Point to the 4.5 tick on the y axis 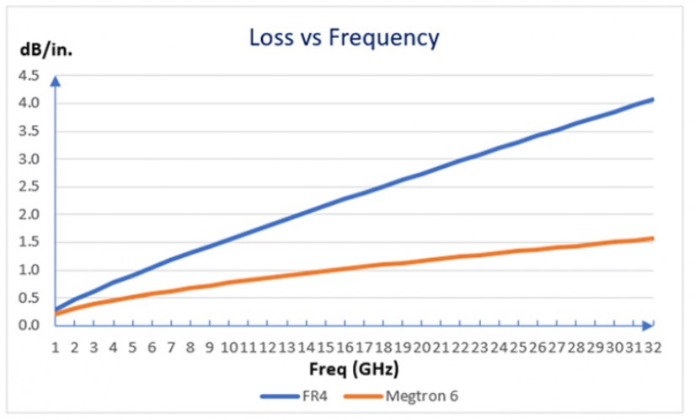tap(29, 76)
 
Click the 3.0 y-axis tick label tap(29, 159)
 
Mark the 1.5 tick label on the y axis tap(29, 242)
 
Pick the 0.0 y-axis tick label tap(29, 326)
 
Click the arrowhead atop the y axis tap(56, 80)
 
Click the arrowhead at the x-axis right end tap(649, 325)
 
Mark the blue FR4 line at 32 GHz tap(652, 100)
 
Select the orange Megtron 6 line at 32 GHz tap(652, 238)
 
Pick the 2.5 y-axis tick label tap(29, 187)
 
